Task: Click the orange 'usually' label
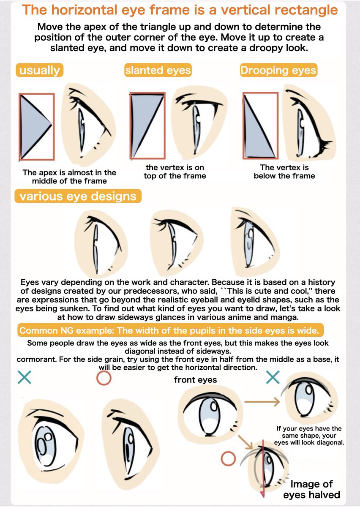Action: [39, 70]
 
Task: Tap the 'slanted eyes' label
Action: [158, 70]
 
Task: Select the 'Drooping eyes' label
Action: [278, 70]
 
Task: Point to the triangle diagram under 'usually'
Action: [36, 127]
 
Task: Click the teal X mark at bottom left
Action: [25, 377]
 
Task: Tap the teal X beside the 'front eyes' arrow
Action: [273, 377]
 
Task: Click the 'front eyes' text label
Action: [195, 380]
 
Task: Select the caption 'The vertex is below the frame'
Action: [284, 172]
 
